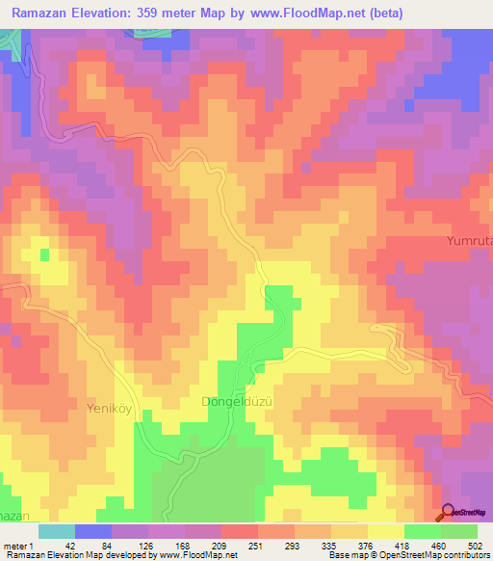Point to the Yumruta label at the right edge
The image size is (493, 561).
[x=470, y=240]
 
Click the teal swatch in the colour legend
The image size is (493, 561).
[x=56, y=531]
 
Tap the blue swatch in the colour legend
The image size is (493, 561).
[x=92, y=531]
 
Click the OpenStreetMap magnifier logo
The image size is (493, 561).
[x=448, y=513]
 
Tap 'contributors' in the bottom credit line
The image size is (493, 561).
[x=462, y=555]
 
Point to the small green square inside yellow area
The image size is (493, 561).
[x=44, y=254]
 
